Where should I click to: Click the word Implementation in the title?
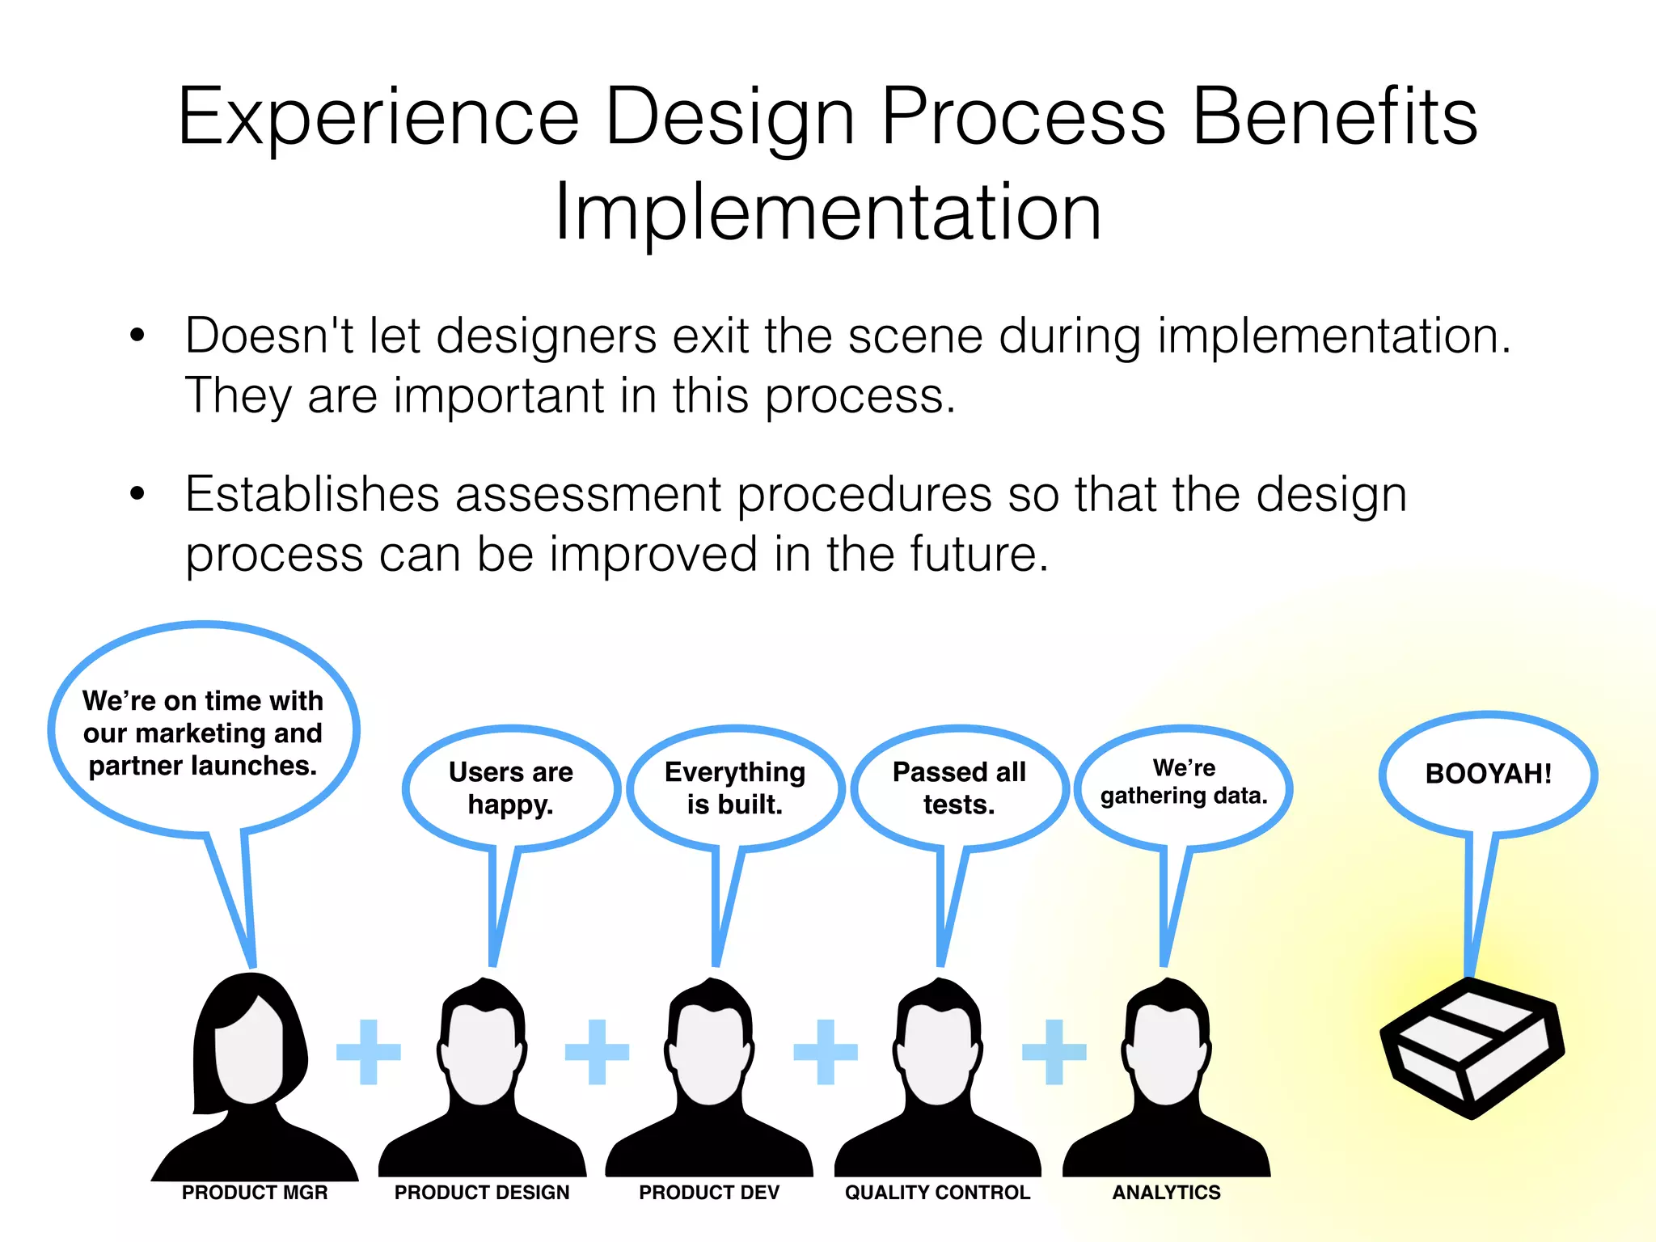pos(827,212)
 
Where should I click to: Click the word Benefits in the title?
pos(1334,117)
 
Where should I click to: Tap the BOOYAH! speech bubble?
pos(1488,774)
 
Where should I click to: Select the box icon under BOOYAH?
pos(1472,1048)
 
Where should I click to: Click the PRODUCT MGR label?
pos(255,1193)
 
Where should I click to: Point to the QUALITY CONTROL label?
pos(937,1193)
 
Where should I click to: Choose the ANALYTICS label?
pos(1166,1193)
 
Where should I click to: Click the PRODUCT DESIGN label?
pos(482,1193)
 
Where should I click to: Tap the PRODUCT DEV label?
pos(709,1193)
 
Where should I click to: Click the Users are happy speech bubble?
pos(510,788)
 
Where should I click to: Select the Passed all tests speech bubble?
pos(959,788)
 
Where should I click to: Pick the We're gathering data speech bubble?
pos(1184,783)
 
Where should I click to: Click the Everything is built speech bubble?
pos(735,788)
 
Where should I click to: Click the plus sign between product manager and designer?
pos(369,1051)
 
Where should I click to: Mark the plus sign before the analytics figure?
pos(1054,1051)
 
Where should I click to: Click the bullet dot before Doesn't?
pos(137,335)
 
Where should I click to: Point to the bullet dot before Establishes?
pos(137,493)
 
